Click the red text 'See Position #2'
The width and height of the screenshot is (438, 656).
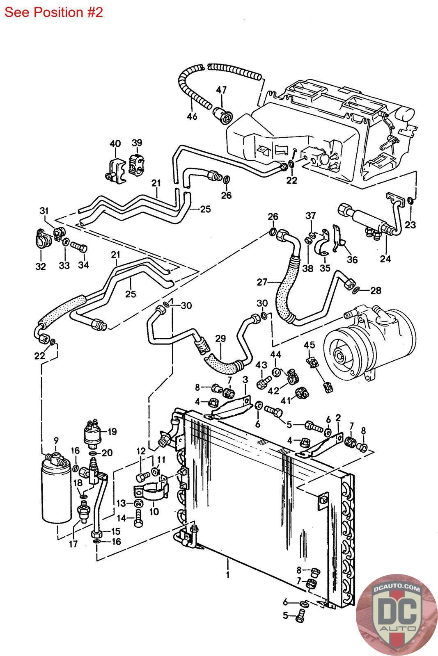click(x=53, y=12)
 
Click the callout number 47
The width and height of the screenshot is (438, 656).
click(x=222, y=90)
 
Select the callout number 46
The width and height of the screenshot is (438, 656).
click(x=192, y=116)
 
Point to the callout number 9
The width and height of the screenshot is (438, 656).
click(x=56, y=440)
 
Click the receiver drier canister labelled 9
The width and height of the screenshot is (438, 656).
click(x=57, y=492)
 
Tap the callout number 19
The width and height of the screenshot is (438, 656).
click(x=112, y=431)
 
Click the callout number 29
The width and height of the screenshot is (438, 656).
click(x=220, y=339)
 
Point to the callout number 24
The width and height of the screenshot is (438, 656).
click(x=385, y=258)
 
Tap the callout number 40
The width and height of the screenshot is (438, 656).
click(x=115, y=143)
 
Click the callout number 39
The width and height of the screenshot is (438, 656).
click(x=137, y=142)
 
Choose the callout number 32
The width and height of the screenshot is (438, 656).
click(x=40, y=266)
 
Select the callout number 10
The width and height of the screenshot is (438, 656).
click(x=154, y=511)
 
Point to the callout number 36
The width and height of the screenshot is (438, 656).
click(x=352, y=260)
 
